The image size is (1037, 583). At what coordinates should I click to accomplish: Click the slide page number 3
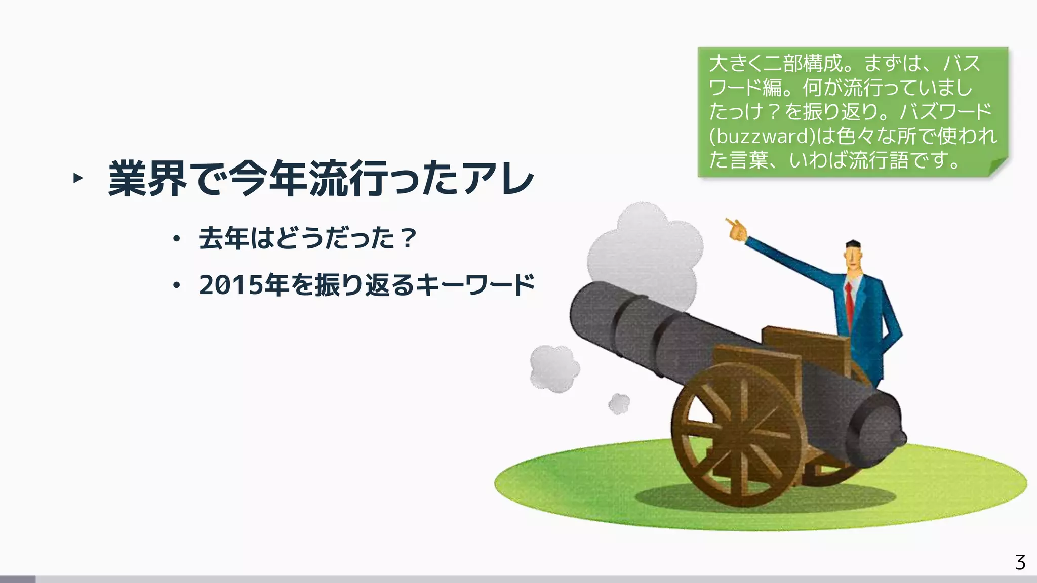[1020, 562]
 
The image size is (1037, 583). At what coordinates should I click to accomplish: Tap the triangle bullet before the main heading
[77, 178]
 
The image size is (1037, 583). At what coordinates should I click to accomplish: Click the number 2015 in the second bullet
[231, 285]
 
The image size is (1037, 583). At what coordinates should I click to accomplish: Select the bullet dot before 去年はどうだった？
[176, 239]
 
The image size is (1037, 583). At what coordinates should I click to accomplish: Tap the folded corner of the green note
[997, 167]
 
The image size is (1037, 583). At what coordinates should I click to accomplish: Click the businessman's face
[854, 258]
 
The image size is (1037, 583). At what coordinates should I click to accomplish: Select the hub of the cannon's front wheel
[742, 434]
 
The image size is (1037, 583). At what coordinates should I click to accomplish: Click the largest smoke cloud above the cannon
[646, 253]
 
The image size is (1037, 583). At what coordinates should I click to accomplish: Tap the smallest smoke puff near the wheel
[619, 404]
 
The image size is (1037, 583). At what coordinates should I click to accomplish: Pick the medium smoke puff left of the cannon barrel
[554, 368]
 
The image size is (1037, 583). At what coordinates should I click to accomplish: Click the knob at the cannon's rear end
[898, 438]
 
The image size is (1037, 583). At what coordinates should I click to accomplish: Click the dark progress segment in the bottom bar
[18, 579]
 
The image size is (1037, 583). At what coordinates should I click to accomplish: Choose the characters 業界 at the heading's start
[147, 179]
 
